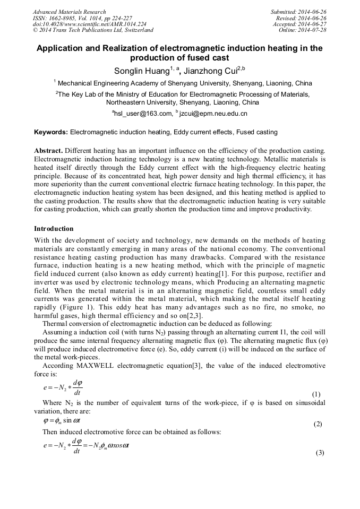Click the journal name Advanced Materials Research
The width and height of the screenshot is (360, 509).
(x=69, y=12)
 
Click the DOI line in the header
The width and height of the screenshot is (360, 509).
(x=89, y=24)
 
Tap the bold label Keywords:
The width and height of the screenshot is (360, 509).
(x=51, y=132)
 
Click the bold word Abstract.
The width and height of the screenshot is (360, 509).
(x=48, y=151)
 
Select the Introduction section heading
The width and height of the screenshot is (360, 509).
(x=54, y=229)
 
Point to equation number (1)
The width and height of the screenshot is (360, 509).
(x=316, y=394)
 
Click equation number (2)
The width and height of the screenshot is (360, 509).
(x=318, y=424)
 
